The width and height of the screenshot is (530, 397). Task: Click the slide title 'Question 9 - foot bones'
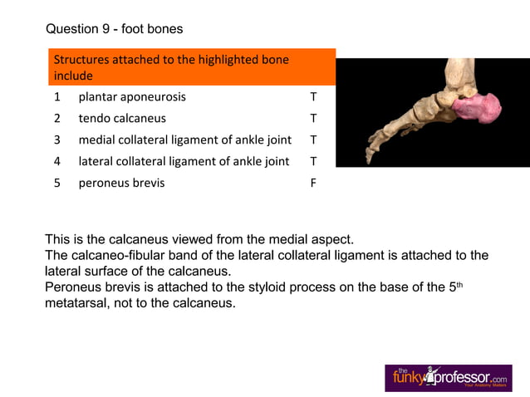pos(115,29)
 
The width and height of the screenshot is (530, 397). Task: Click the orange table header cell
pos(191,67)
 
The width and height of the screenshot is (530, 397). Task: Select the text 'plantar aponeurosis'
pos(132,96)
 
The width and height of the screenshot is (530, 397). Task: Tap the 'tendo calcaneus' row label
pos(122,118)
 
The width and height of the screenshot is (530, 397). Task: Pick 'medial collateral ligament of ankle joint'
pos(184,140)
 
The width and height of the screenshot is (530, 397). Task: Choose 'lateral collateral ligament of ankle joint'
pos(184,161)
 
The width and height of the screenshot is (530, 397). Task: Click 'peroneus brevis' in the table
pos(121,183)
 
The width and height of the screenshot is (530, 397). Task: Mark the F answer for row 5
pos(313,183)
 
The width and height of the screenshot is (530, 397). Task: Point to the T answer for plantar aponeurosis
pos(313,96)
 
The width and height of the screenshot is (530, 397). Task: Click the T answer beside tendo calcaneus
pos(313,118)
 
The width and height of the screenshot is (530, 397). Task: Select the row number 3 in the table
pos(57,140)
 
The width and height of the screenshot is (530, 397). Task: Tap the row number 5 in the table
pos(57,183)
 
